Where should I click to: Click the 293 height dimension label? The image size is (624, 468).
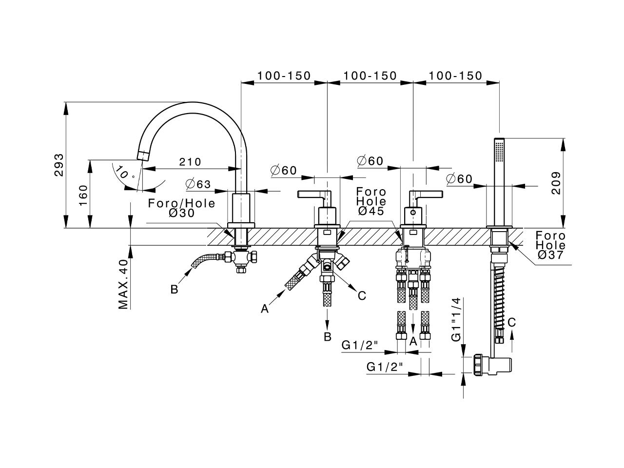tap(58, 165)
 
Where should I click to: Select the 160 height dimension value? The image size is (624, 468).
tap(83, 195)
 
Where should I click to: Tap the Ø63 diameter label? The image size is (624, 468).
tap(198, 184)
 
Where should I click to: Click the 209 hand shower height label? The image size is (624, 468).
tap(556, 183)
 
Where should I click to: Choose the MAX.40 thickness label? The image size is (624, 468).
tap(124, 284)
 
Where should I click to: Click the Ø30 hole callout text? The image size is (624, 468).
tap(181, 213)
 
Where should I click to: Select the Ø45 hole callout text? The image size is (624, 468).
tap(371, 211)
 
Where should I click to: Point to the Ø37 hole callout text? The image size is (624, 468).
tap(550, 255)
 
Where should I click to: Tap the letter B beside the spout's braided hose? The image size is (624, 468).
tap(174, 290)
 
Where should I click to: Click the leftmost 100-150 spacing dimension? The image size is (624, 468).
tap(284, 76)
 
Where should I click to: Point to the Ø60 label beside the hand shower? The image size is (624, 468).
tap(459, 179)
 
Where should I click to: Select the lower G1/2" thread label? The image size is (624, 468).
tap(385, 367)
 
